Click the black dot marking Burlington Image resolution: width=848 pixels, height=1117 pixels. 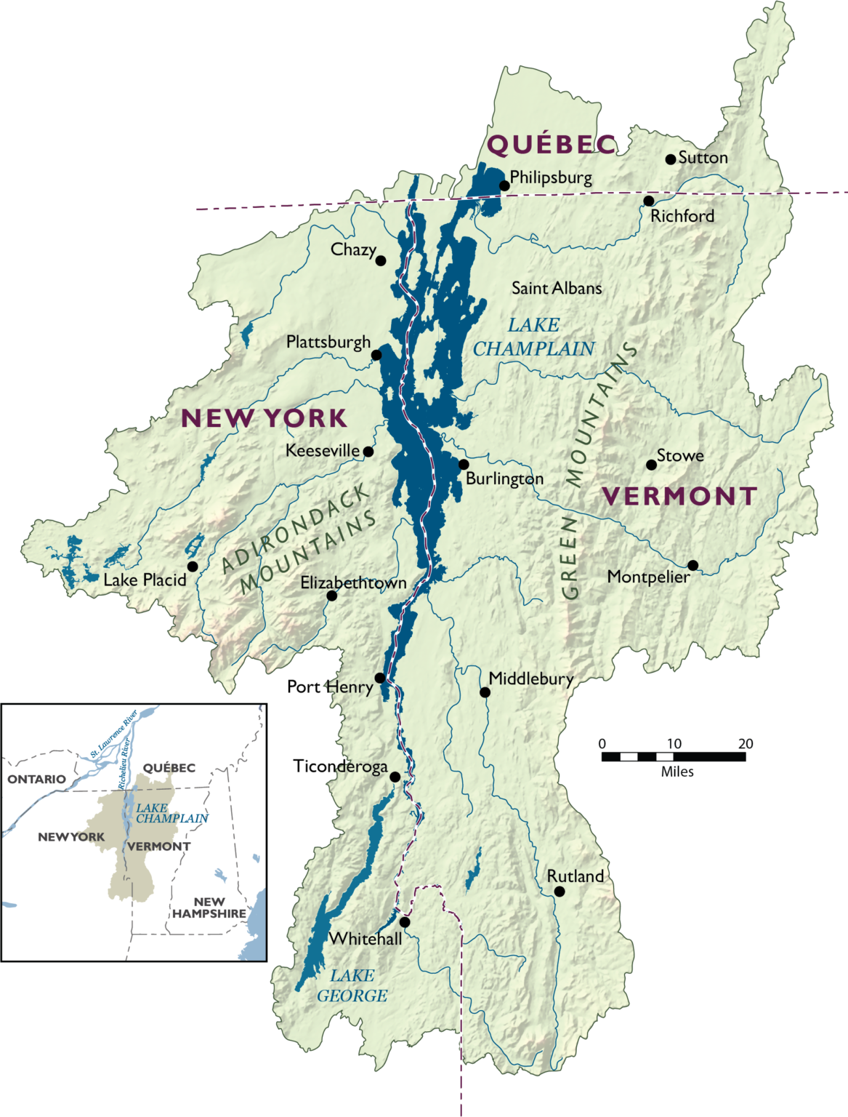tap(464, 464)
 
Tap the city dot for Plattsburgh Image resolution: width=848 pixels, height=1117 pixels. tap(376, 355)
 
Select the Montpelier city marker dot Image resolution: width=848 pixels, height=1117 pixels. tap(692, 565)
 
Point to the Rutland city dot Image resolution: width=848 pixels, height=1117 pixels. tap(559, 891)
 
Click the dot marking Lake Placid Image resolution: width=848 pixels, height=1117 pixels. tap(193, 566)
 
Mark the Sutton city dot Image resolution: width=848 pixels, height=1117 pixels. tap(671, 159)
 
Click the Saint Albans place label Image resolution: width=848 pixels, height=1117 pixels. tap(557, 288)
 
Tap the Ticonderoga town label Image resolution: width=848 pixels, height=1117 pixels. tap(340, 766)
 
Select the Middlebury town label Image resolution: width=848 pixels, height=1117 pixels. tap(531, 678)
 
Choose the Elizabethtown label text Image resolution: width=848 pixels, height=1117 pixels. tap(353, 583)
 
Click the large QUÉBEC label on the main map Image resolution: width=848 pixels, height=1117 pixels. tap(552, 145)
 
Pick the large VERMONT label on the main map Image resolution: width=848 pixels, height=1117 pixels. tap(679, 496)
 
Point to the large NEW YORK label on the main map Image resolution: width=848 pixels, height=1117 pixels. tap(265, 418)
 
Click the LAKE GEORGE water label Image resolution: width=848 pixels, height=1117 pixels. tap(352, 985)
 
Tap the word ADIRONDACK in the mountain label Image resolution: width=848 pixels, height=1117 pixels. tap(294, 529)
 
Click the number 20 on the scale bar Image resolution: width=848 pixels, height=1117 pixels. tap(746, 743)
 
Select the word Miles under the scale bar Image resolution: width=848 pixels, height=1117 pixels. tap(677, 772)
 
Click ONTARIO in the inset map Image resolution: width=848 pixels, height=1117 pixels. tap(36, 779)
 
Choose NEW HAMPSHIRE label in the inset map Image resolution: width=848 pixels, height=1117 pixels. tap(209, 908)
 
